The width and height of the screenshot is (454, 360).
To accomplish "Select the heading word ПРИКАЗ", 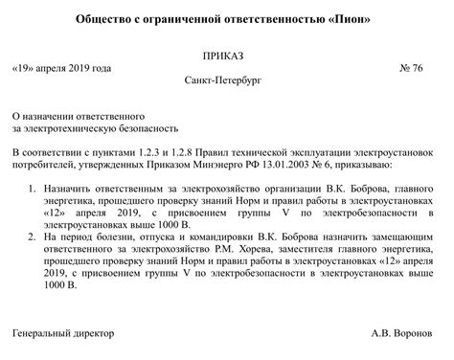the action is point(227,56).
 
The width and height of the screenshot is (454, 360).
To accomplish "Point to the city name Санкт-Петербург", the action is point(227,81).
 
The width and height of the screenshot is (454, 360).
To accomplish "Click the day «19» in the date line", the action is point(27,69).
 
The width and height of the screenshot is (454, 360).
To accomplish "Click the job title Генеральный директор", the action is point(63,334).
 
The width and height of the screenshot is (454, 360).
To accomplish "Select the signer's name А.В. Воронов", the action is point(406,334).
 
